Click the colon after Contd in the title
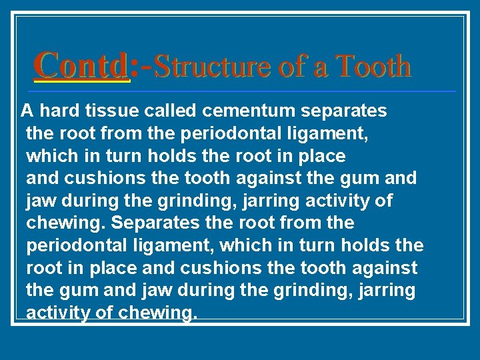[135, 67]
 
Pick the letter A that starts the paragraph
[26, 110]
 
